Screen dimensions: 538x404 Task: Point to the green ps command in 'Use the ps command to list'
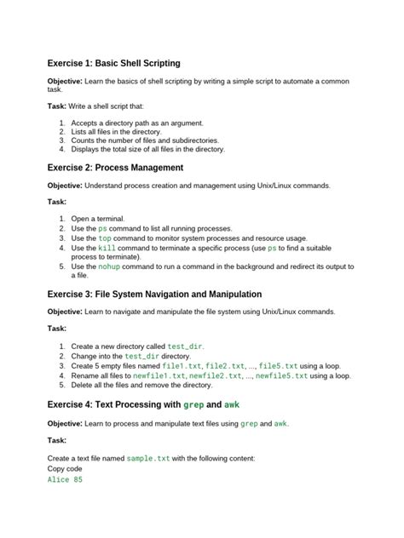[x=102, y=229]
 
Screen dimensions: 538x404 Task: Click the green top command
[x=105, y=239]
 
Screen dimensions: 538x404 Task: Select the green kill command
[x=107, y=249]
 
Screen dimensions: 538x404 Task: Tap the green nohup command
[x=109, y=266]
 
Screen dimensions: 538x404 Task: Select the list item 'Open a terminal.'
[x=98, y=219]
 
